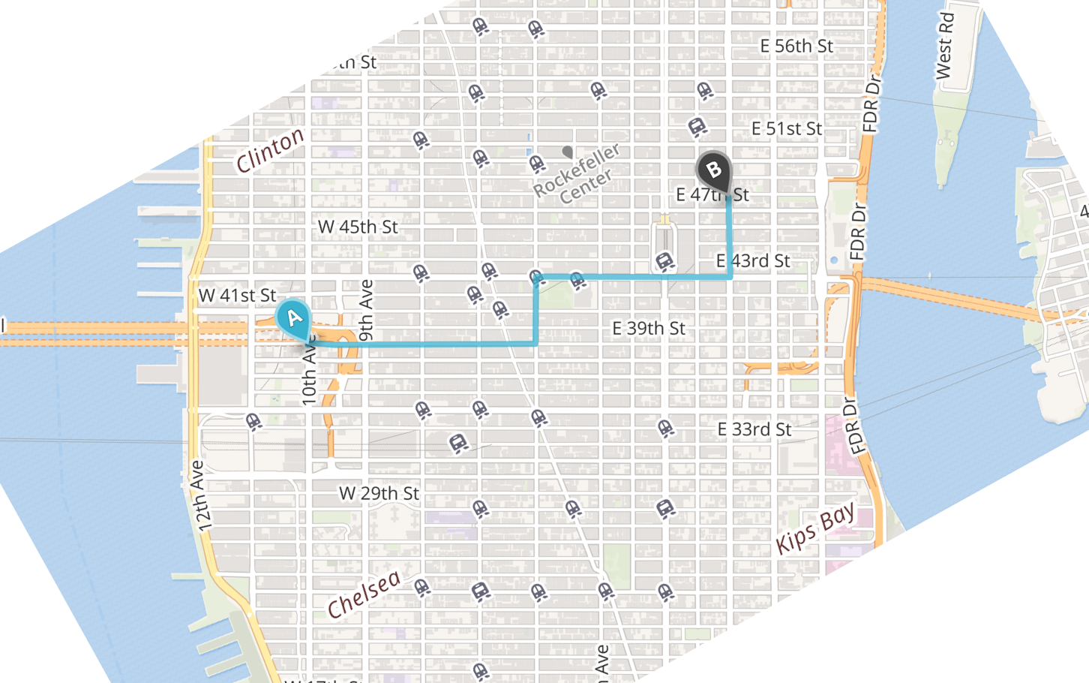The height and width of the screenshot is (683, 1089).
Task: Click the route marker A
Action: [x=294, y=318]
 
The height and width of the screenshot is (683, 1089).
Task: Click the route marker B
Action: [x=714, y=170]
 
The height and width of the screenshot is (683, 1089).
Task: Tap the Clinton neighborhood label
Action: [x=270, y=150]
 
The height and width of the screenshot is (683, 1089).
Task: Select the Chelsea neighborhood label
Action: [x=364, y=594]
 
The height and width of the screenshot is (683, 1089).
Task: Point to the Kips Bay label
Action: [x=815, y=528]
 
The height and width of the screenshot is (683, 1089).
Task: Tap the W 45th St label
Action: [x=358, y=227]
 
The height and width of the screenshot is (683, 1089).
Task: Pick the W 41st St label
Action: [x=237, y=296]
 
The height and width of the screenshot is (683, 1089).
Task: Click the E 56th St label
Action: [x=796, y=47]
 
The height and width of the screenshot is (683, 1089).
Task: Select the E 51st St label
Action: [x=787, y=129]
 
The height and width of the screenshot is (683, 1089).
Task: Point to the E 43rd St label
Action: [x=753, y=261]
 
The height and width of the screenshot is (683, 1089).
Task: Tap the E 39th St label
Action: [x=649, y=329]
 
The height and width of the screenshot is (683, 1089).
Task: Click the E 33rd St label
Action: [x=754, y=429]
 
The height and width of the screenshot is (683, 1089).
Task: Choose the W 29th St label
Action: [x=379, y=494]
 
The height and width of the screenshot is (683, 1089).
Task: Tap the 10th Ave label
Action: [x=310, y=375]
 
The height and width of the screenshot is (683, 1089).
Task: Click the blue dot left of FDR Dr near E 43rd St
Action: [x=834, y=261]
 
